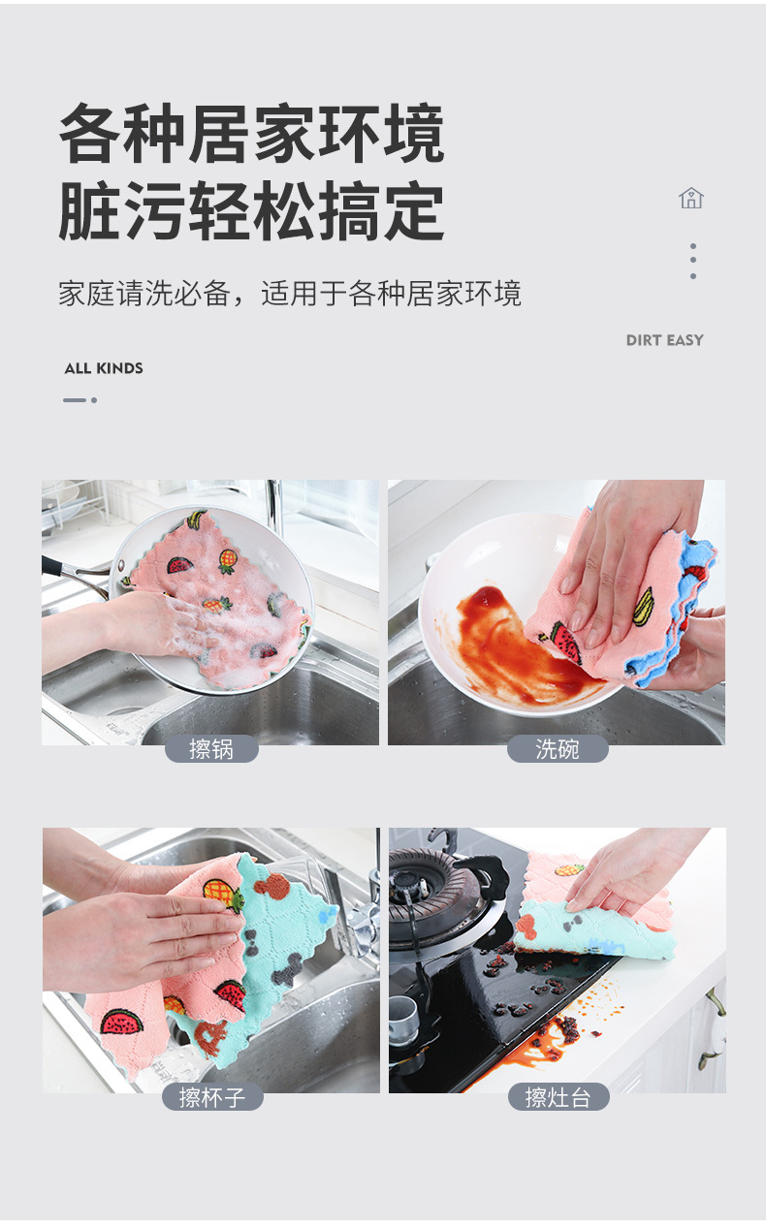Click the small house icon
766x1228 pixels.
(690, 199)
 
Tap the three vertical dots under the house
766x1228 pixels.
(692, 262)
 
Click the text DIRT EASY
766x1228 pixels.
(664, 340)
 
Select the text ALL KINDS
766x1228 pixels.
(104, 368)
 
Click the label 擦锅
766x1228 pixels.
(211, 749)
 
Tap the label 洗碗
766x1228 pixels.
(558, 749)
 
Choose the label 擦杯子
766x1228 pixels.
(211, 1097)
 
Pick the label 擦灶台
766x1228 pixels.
(558, 1097)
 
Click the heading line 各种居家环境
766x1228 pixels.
(252, 135)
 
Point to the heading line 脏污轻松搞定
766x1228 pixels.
(252, 210)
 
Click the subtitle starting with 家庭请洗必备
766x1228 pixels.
(290, 294)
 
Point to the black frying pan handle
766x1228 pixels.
(73, 572)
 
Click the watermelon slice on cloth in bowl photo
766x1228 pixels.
(566, 642)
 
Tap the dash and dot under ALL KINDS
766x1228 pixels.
(80, 399)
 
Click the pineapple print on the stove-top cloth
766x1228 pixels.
(569, 869)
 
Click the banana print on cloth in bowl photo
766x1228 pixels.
(643, 606)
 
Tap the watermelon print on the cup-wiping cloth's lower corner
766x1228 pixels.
(122, 1022)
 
